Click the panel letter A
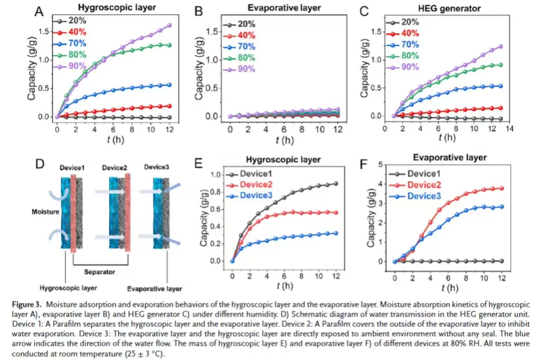point(39,11)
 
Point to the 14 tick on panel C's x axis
point(509,130)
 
